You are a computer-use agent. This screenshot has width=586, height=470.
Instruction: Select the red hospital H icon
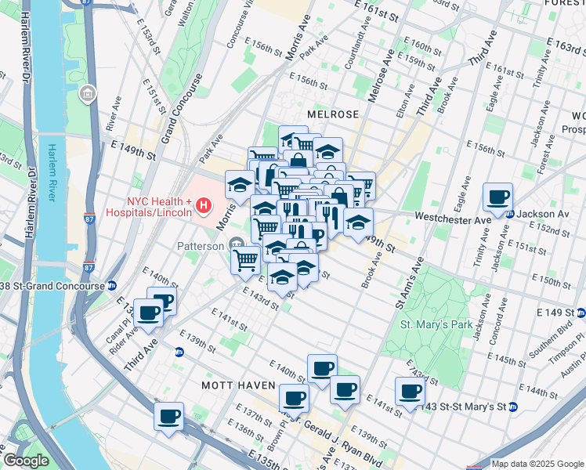tap(204, 207)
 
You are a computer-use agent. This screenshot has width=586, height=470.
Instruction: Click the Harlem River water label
tap(54, 172)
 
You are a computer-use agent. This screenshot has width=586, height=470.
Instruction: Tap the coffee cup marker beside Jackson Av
tap(497, 200)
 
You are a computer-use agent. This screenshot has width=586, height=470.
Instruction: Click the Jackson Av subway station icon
tap(510, 213)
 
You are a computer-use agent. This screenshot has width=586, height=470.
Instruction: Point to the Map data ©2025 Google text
tap(537, 464)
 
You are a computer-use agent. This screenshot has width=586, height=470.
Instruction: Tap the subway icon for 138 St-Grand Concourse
tap(112, 286)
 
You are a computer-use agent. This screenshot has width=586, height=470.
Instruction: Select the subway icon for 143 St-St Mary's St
tap(513, 407)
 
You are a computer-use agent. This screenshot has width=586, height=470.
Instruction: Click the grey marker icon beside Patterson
tap(237, 246)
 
